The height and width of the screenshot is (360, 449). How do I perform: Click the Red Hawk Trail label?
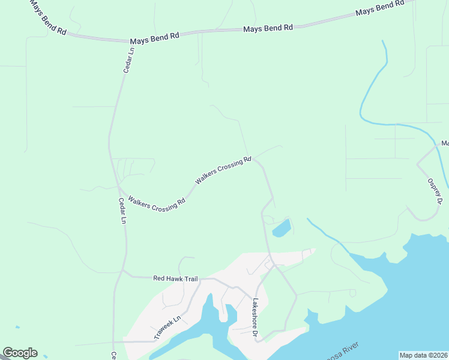coord(175,278)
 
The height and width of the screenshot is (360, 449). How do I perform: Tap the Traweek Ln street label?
coord(167,328)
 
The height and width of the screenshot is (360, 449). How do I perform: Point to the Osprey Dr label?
coord(435,191)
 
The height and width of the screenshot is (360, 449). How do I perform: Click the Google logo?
coord(20,353)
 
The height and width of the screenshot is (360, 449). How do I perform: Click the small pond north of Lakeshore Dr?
coord(281,229)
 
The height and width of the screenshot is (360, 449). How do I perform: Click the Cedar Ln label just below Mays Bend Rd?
coord(128,61)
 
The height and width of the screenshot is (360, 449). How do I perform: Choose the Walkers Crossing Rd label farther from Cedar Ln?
coord(223,170)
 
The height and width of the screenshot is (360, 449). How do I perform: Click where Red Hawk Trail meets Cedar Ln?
coord(124,273)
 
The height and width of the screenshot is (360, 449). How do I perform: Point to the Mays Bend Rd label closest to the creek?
coord(380,9)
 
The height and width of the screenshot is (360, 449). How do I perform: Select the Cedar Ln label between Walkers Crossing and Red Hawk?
coord(122,211)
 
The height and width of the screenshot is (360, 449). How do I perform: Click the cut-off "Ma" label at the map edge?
coord(445,143)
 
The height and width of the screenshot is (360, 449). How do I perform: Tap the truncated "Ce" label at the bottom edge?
coord(113,355)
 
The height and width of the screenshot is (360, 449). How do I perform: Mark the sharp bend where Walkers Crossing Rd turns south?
coord(254,159)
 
